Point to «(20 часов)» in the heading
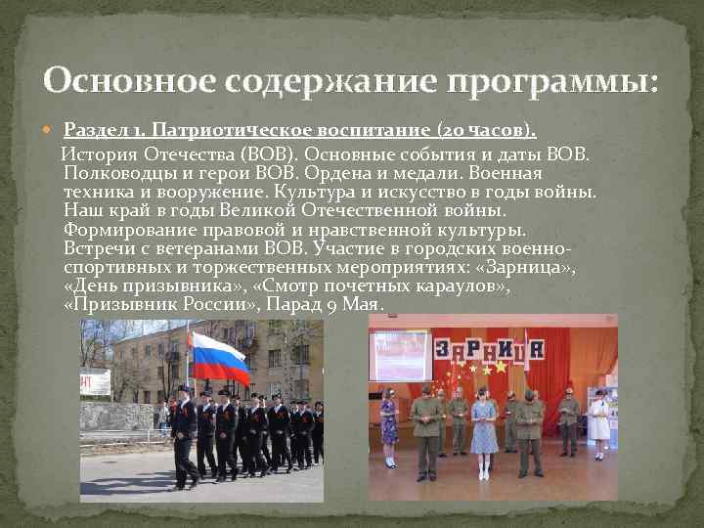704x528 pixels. coord(474,131)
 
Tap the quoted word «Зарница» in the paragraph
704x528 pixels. coord(539,268)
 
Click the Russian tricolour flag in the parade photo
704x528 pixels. coord(220,358)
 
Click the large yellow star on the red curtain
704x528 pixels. coord(501,367)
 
